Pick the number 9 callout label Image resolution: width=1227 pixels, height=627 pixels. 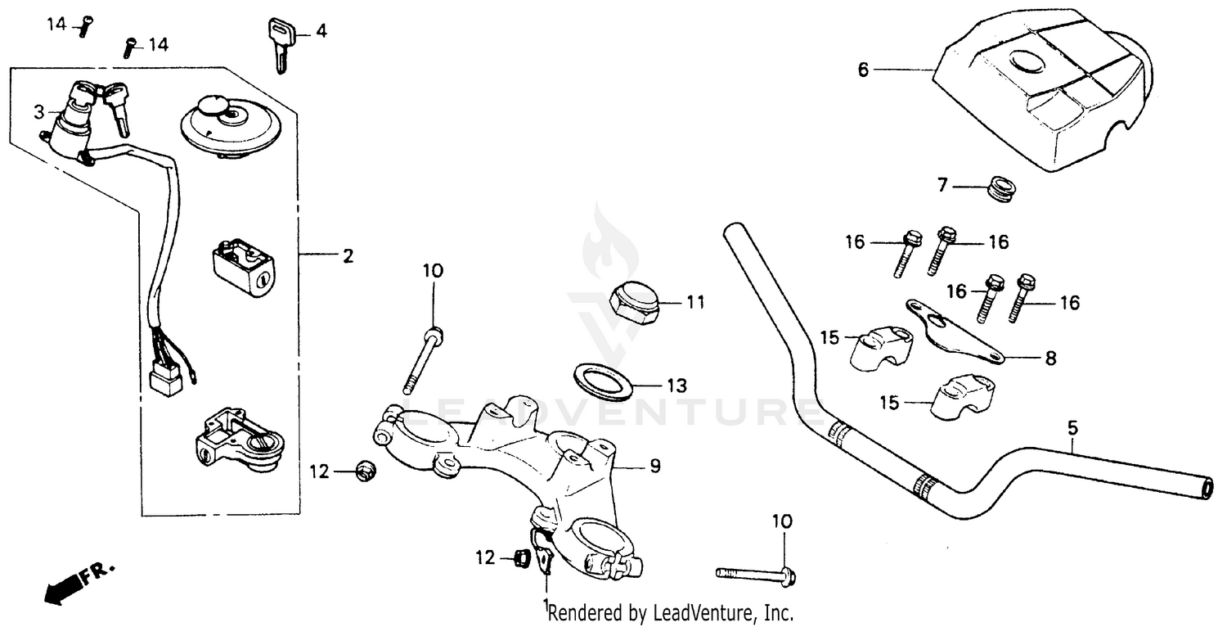coord(654,467)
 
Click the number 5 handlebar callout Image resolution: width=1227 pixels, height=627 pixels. coord(1073,427)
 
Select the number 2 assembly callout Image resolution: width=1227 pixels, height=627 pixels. coord(348,257)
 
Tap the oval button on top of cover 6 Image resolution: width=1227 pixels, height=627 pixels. coord(1029,63)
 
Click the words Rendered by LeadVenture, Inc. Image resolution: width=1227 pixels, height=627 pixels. coord(671,612)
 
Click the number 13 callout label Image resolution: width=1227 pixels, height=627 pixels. coord(676,385)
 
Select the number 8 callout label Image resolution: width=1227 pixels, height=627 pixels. coord(1049,358)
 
